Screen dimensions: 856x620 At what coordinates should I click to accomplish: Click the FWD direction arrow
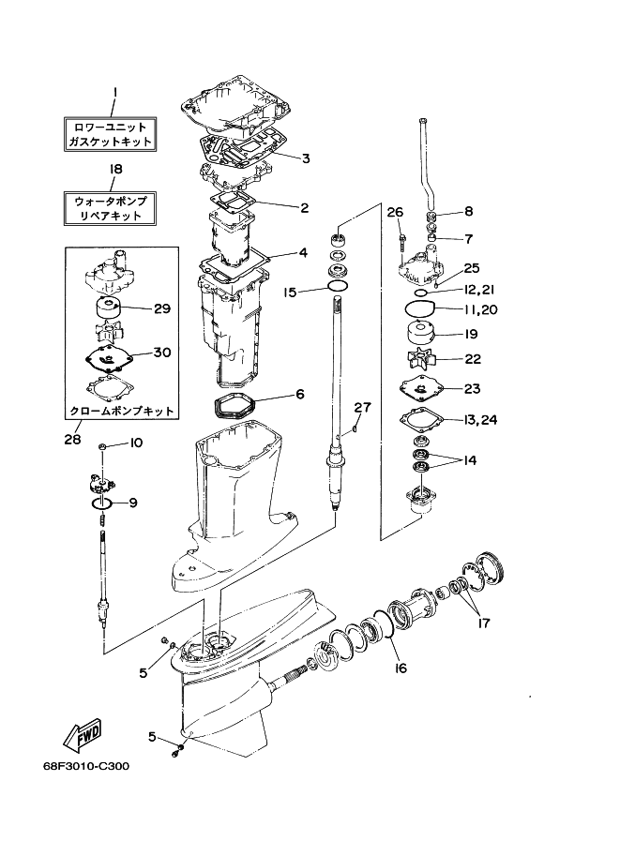82,734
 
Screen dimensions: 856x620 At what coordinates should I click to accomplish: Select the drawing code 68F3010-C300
85,765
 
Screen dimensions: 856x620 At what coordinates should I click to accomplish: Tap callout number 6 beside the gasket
300,395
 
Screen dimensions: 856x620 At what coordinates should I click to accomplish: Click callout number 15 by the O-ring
291,293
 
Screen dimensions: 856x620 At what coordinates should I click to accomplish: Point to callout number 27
363,406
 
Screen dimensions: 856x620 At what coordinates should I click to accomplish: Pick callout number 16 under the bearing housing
400,668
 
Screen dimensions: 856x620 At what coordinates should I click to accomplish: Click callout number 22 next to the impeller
473,359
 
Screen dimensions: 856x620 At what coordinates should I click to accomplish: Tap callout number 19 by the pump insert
472,333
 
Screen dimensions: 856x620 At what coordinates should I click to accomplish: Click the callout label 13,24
478,419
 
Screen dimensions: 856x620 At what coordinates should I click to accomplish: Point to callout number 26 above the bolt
395,211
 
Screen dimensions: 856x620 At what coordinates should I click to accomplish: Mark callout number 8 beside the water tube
469,211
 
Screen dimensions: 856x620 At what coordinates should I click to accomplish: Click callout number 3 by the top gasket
306,158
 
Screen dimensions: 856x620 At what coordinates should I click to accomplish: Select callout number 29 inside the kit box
161,308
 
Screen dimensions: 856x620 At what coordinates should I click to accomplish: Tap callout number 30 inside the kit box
161,353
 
